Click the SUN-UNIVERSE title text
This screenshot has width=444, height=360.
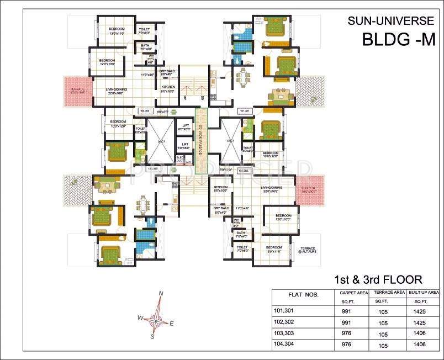[x=391, y=22]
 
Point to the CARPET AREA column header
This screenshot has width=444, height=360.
[x=355, y=292]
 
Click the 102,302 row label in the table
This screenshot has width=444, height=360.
[x=286, y=322]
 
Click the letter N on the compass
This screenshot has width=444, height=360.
[x=161, y=293]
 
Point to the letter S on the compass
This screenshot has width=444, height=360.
[x=152, y=336]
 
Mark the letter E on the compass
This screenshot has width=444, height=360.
[x=172, y=324]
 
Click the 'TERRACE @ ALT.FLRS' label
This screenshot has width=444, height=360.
[x=308, y=250]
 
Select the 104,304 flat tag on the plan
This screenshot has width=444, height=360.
[x=145, y=111]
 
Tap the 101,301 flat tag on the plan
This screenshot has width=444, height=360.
[x=244, y=111]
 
